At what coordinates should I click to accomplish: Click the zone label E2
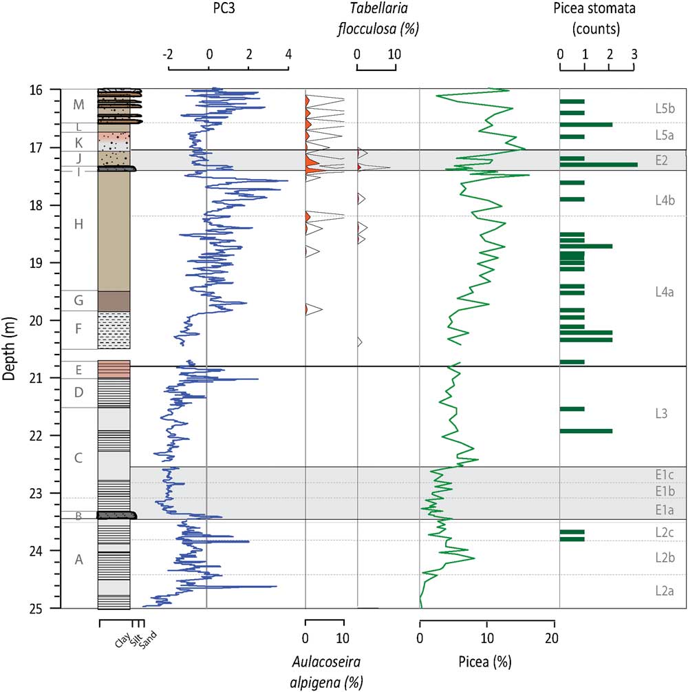click(662, 160)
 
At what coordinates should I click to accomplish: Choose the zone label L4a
click(664, 292)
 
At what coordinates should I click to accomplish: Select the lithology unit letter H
click(78, 224)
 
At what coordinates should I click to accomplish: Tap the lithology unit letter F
click(78, 328)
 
